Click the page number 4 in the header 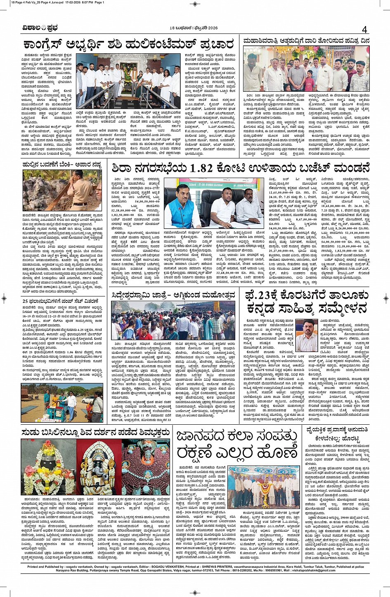click(364, 29)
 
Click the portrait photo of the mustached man click(307, 335)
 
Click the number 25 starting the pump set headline click(26, 301)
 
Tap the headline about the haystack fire click(62, 164)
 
